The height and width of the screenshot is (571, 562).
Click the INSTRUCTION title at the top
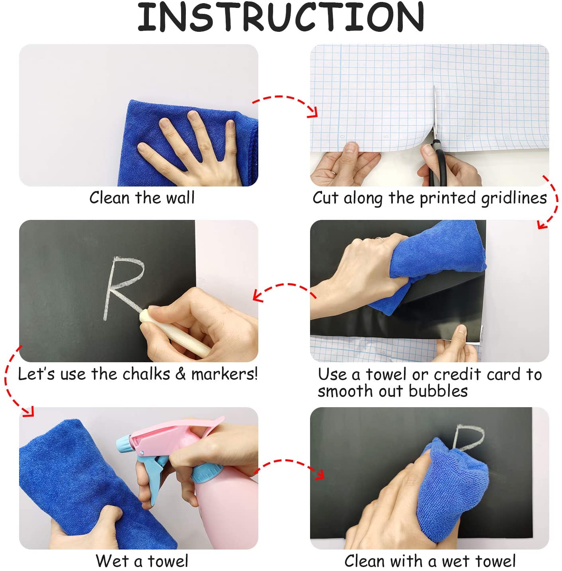coord(281,17)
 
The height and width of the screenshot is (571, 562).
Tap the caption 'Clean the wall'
coord(142,198)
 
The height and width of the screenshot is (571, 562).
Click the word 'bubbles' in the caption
coord(438,391)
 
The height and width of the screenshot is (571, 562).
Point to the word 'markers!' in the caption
coord(224,374)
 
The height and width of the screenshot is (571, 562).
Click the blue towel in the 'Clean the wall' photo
coord(187,142)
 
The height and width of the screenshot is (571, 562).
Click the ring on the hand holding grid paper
coord(333,173)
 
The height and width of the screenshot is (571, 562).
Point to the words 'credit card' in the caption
coord(477,374)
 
